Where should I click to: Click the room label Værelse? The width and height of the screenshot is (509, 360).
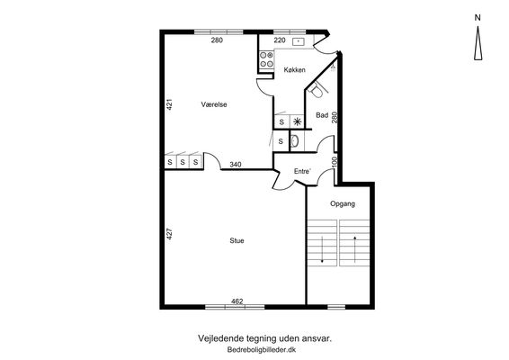(x=214, y=104)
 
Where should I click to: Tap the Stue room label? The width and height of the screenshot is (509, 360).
(x=237, y=241)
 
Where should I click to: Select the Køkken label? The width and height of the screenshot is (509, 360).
(x=294, y=70)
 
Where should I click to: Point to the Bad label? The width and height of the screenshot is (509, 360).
(x=322, y=115)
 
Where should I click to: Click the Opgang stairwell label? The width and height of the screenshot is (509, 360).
(x=343, y=203)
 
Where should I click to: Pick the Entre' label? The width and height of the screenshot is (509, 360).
(x=302, y=171)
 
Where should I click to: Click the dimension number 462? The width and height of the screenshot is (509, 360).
(x=237, y=301)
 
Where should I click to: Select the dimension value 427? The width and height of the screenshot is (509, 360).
(x=169, y=234)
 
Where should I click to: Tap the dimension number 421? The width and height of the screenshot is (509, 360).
(x=169, y=104)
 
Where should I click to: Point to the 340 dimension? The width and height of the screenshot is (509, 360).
(x=236, y=165)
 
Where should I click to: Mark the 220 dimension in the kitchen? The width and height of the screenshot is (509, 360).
(x=280, y=40)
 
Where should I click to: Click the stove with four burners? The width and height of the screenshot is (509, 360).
(x=266, y=59)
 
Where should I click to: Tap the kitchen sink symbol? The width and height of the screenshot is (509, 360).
(x=298, y=41)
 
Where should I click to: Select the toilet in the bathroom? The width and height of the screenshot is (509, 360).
(x=317, y=90)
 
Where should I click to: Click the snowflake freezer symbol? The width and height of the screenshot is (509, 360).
(x=297, y=122)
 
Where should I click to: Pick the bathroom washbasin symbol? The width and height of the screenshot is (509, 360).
(x=295, y=141)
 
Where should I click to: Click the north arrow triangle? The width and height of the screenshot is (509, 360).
(x=478, y=43)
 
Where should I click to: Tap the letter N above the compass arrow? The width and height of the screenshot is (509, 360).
(x=478, y=18)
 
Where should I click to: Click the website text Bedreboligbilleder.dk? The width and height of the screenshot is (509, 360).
(x=262, y=350)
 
